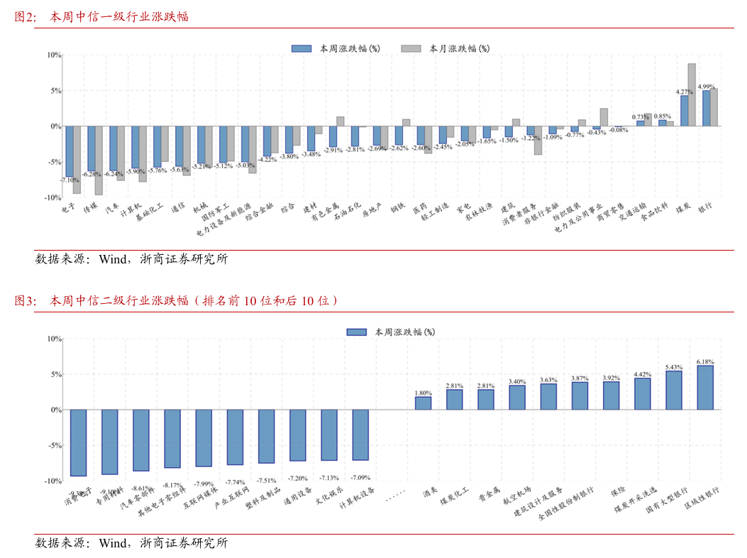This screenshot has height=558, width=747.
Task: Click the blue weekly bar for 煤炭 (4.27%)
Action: [684, 111]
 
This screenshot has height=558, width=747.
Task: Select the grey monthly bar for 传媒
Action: [99, 160]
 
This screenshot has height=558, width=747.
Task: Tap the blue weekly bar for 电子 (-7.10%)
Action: [70, 151]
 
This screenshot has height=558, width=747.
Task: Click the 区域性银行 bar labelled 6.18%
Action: [705, 388]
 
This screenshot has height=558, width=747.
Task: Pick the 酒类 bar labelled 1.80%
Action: [423, 403]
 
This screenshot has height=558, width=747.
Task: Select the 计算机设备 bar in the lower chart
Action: [360, 434]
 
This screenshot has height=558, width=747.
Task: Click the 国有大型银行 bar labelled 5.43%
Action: [674, 390]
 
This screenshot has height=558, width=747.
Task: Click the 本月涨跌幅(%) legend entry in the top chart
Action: [458, 48]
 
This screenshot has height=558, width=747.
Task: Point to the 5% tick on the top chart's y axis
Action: [53, 91]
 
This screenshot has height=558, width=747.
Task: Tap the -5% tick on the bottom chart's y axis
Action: [52, 446]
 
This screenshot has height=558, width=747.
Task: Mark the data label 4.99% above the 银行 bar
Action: [707, 87]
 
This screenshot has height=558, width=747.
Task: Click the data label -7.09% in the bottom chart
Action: [360, 478]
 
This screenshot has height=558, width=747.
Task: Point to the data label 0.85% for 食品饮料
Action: [663, 116]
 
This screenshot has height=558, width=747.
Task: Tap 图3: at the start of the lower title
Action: [26, 301]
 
